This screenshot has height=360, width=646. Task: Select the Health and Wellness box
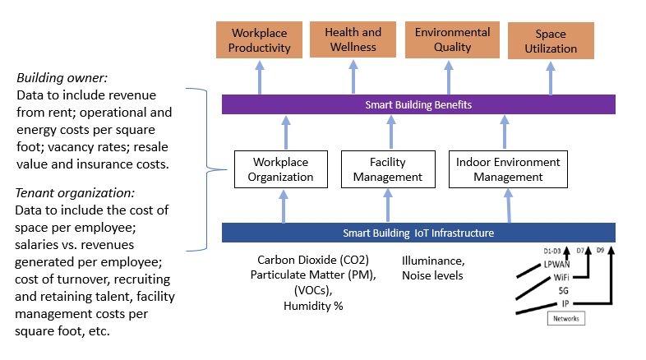tap(353, 39)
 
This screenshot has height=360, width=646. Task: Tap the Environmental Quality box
tap(452, 39)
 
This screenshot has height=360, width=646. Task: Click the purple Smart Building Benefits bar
tap(418, 104)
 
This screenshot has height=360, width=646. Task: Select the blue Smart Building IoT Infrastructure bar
tap(418, 233)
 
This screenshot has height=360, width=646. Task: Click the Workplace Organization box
tap(283, 169)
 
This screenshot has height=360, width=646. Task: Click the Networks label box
tap(565, 318)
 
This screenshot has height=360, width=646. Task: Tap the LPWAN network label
tap(556, 265)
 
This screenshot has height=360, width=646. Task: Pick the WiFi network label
tap(563, 278)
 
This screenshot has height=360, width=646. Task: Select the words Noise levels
tap(432, 275)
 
